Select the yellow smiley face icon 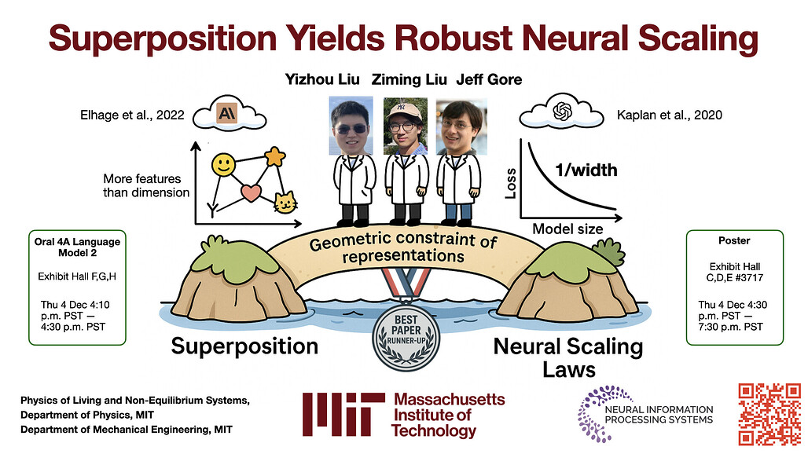click(x=224, y=166)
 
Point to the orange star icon click(x=275, y=158)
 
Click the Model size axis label click(x=568, y=229)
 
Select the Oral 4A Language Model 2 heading click(x=67, y=247)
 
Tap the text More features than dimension click(x=146, y=185)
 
